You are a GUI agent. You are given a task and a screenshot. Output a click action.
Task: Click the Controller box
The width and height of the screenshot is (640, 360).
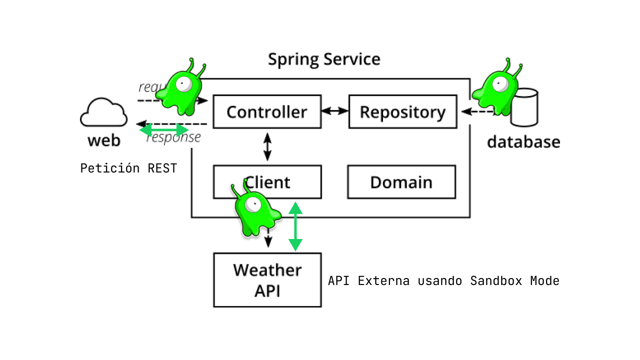[x=267, y=111]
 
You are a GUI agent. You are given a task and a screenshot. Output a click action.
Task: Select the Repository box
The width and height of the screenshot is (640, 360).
[x=402, y=111]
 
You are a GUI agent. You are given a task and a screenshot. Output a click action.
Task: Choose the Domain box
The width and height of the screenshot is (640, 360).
[x=401, y=182]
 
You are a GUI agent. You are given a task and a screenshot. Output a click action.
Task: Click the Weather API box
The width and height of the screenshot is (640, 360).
[x=267, y=280]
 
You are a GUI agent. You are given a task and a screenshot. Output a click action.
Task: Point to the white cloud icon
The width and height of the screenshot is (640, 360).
[x=103, y=113]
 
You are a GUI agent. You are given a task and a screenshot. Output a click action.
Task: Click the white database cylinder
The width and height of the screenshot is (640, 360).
[x=524, y=107]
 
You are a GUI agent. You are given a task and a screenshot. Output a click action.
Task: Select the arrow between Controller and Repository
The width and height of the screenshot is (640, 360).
[x=334, y=110]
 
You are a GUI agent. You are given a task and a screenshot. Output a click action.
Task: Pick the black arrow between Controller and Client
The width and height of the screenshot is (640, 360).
[x=267, y=146]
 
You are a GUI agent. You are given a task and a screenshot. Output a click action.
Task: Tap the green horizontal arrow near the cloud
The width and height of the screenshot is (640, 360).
[x=163, y=130]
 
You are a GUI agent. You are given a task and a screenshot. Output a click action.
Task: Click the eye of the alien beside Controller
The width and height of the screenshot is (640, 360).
[x=183, y=84]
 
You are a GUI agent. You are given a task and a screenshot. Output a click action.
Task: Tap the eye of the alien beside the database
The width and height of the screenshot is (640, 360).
[x=500, y=84]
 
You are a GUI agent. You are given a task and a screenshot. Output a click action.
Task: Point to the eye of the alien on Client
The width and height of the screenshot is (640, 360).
[x=253, y=204]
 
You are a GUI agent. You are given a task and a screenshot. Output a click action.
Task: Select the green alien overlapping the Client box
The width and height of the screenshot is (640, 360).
[x=255, y=212]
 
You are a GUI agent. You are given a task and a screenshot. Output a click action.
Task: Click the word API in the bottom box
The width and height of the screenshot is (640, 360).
[x=267, y=290]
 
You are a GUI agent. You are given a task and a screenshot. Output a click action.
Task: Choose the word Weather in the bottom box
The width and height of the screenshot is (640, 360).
[x=267, y=270]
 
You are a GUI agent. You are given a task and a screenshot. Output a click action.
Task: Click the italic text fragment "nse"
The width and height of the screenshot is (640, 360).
[x=190, y=137]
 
